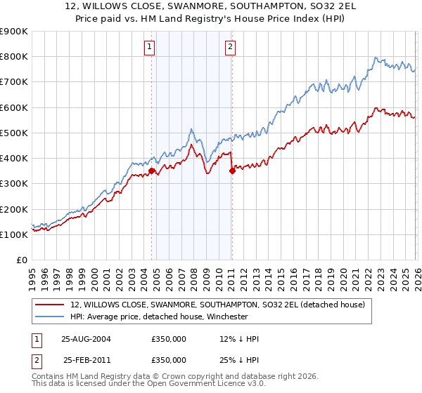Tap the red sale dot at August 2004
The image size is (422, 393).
[152, 171]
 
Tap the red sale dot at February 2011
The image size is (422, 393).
[232, 171]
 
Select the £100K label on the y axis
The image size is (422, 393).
[14, 234]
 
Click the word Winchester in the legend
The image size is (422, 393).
[224, 317]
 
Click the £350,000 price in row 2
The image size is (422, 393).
[169, 360]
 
